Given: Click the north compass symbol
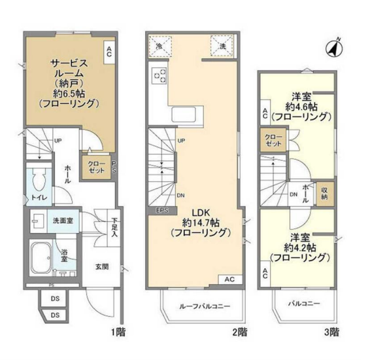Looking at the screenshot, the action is tap(334, 48).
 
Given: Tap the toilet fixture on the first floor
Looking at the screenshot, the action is tap(40, 180).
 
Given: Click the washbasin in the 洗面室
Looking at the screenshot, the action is tap(37, 221).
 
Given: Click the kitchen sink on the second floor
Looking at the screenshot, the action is tap(184, 115).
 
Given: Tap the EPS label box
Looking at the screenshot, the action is tap(163, 210).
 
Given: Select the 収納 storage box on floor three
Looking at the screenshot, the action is tap(325, 194).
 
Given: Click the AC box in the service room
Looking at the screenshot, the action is tap(109, 52).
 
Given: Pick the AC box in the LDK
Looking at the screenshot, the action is tap(229, 279).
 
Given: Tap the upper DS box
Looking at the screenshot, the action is tap(55, 298).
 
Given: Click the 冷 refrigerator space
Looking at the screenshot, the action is tap(160, 46).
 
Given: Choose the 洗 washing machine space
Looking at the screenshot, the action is tap(222, 46).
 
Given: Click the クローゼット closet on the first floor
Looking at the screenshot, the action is tap(96, 167).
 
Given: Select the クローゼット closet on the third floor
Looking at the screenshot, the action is tap(273, 140).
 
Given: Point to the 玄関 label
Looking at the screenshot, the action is tap(102, 266).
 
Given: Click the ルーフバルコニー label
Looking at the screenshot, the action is tap(205, 306).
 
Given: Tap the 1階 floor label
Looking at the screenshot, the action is tap(118, 333).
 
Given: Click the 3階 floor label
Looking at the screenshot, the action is tap(332, 333).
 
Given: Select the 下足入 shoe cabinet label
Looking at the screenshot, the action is tap(114, 228).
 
